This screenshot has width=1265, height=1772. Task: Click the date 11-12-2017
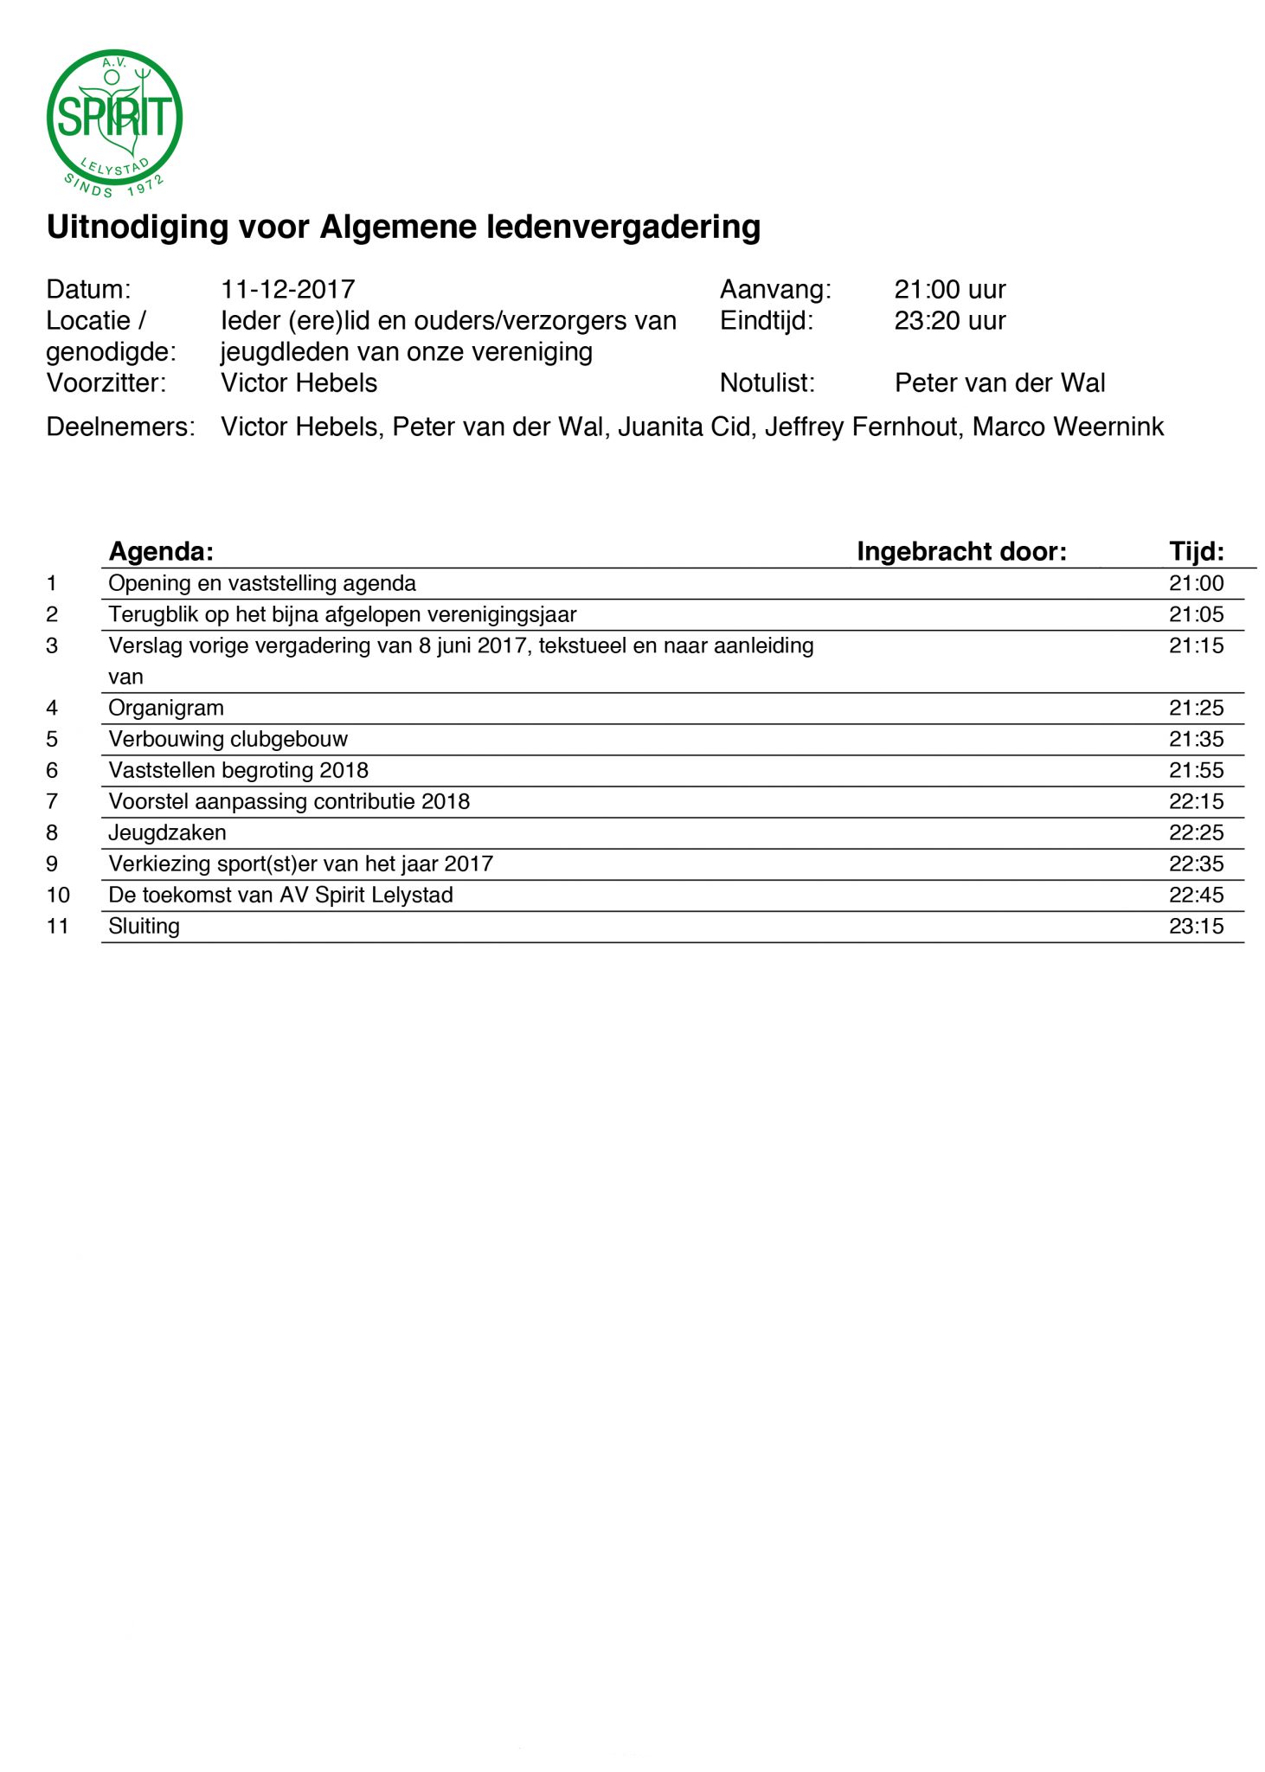pos(287,289)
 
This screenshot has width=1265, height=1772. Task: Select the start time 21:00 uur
pos(949,289)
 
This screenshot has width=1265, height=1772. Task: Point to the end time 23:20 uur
pos(949,320)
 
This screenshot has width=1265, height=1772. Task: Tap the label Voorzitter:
pos(106,382)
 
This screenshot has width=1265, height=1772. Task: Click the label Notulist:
pos(767,382)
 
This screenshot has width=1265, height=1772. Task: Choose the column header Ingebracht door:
pos(961,551)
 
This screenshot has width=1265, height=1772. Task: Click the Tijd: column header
pos(1196,551)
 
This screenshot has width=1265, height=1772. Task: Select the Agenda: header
pos(161,551)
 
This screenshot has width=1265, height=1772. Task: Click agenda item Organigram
pos(166,708)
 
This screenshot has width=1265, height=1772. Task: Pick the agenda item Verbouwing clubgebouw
pos(228,739)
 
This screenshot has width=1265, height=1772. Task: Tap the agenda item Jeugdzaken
pos(167,832)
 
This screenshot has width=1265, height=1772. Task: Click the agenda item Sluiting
pos(144,926)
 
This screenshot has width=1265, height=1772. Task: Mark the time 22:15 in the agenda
pos(1196,801)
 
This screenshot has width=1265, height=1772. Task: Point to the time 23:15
pos(1196,926)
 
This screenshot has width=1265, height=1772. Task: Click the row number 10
pos(58,895)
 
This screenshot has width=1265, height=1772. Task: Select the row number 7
pos(52,801)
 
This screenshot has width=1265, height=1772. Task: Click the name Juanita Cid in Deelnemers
pos(684,427)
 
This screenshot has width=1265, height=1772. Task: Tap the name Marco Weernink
pos(1068,427)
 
